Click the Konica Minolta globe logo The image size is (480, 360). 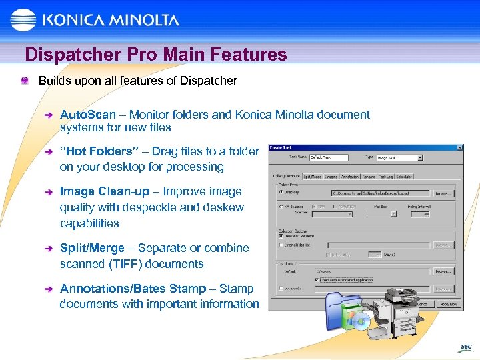24,19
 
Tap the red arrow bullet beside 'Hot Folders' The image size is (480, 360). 46,152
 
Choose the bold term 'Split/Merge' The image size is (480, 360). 92,248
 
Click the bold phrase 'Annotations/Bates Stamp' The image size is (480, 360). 133,289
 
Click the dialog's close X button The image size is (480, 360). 459,147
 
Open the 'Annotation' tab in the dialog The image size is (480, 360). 350,177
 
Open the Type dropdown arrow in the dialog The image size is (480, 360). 420,158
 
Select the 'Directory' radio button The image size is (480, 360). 281,192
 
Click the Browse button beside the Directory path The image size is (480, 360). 443,193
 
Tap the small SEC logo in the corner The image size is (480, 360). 466,347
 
